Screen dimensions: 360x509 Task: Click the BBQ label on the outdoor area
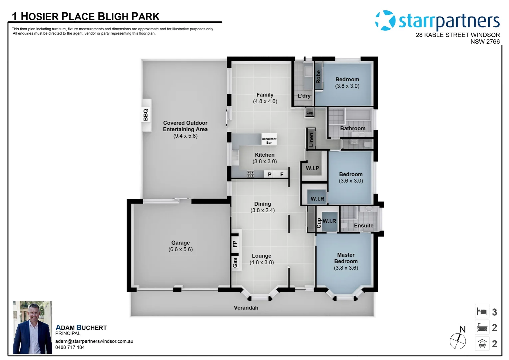tap(146, 115)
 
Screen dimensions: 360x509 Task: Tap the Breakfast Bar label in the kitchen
tap(269, 141)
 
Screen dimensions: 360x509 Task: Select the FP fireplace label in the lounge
tap(235, 244)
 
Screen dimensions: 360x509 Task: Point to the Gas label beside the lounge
tap(235, 262)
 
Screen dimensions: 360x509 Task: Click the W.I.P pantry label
tap(312, 168)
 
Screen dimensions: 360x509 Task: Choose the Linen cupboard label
tap(311, 139)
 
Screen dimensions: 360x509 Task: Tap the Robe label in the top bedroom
tap(318, 77)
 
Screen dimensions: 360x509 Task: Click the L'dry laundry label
tap(304, 96)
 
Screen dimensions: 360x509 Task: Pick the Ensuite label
tap(363, 226)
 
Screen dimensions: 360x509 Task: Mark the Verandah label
tap(246, 308)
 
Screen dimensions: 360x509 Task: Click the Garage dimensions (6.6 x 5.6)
tap(181, 249)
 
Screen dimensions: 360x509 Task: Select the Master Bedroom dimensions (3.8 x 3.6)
tap(346, 268)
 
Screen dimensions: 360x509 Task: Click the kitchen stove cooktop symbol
tap(251, 174)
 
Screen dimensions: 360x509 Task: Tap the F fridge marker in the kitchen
tap(282, 174)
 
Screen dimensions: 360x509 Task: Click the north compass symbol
tap(458, 341)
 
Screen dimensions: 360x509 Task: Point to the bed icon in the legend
tap(482, 312)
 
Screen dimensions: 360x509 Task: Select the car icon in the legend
tap(482, 343)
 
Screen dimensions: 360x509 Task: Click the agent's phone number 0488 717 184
tap(70, 347)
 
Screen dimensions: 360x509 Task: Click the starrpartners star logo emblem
tap(385, 21)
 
